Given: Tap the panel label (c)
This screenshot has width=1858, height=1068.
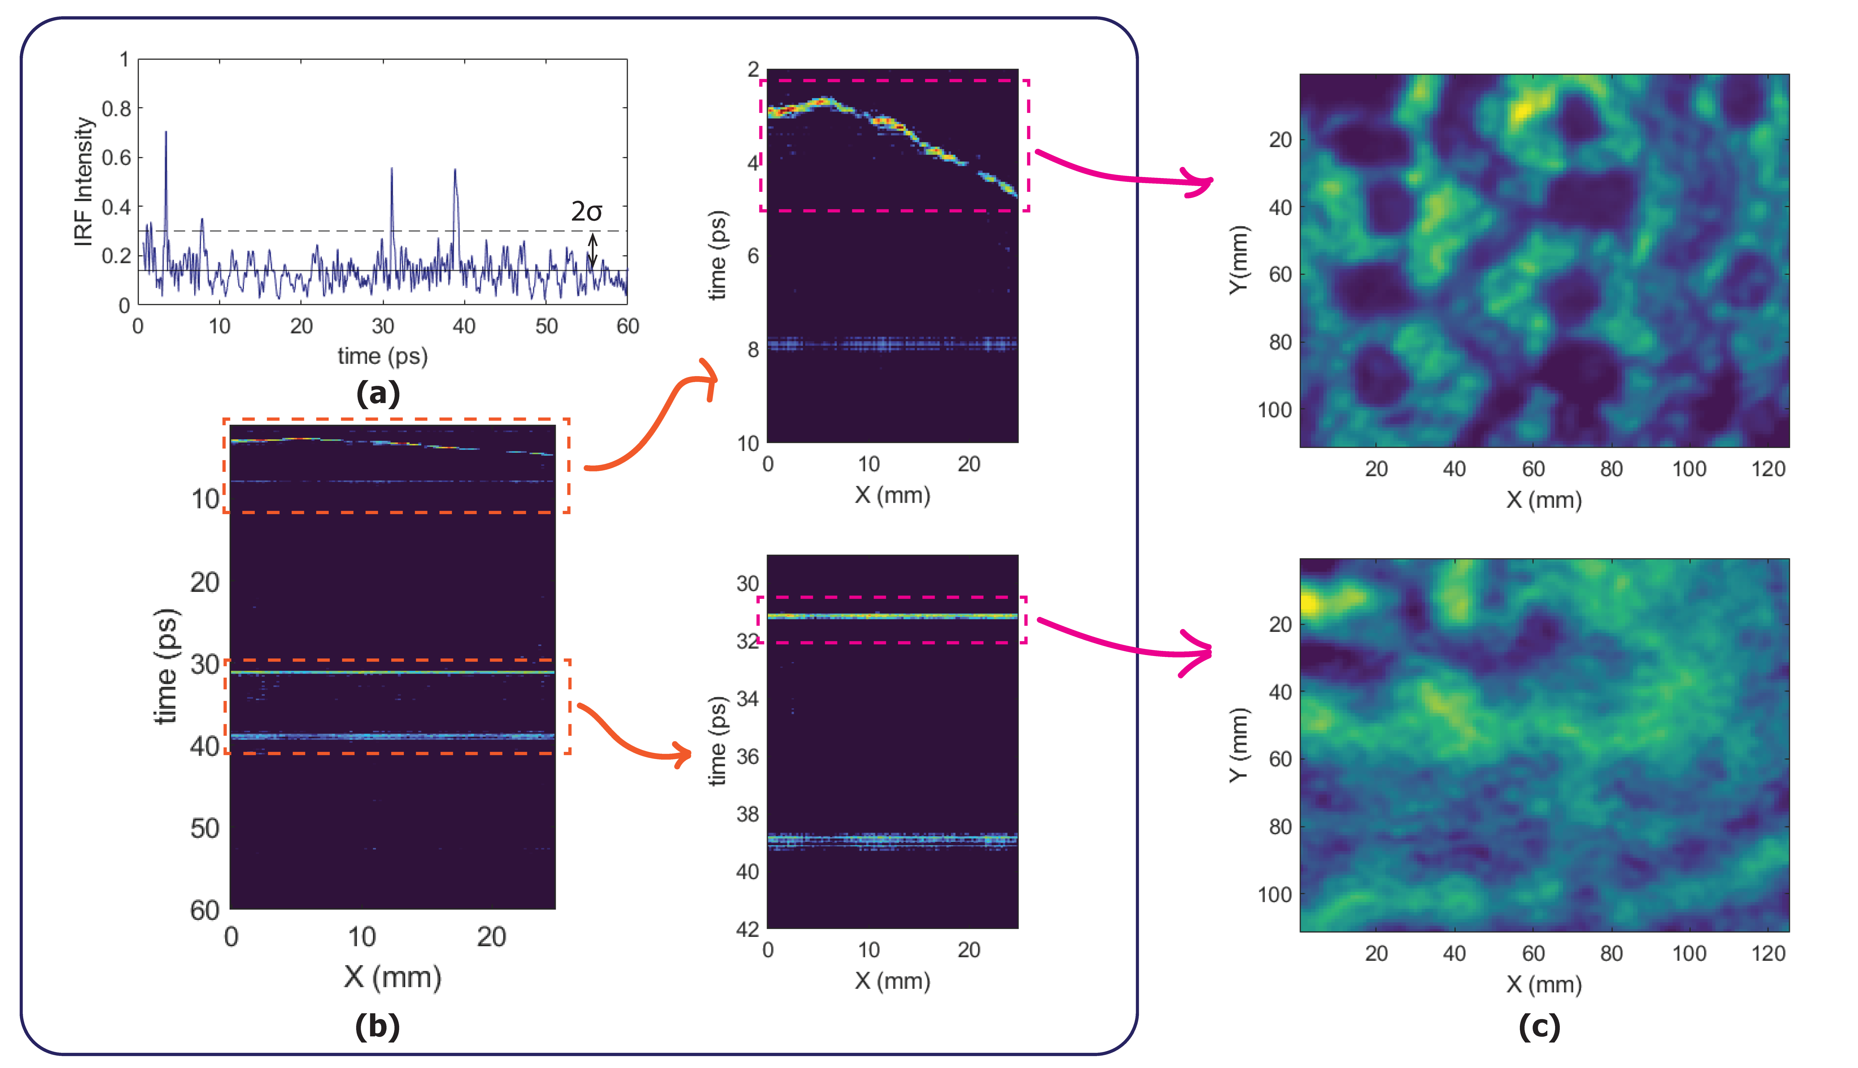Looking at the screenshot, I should point(1539,1026).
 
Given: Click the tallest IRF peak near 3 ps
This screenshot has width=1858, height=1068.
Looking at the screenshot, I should point(166,133).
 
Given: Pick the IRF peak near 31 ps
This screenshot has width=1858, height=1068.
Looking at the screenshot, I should point(392,170).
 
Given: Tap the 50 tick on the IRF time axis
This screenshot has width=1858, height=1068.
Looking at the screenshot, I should point(546,326).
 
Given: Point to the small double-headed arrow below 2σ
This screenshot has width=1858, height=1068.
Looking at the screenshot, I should point(593,250).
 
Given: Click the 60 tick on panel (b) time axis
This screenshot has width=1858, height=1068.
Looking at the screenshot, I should point(205,910).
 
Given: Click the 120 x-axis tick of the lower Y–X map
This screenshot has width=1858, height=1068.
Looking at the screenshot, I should point(1768,954).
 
